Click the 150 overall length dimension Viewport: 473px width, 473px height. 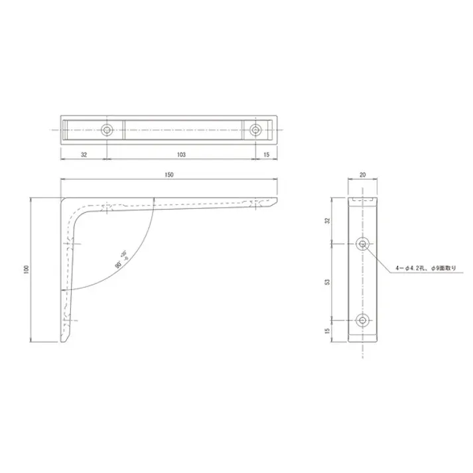[169, 174]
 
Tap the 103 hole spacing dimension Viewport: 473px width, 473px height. [181, 154]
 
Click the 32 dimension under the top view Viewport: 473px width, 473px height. [84, 154]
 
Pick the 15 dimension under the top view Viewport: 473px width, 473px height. [266, 154]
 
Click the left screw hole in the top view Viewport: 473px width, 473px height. [107, 129]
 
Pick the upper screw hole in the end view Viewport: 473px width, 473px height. [362, 244]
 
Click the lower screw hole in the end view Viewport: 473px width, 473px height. [362, 320]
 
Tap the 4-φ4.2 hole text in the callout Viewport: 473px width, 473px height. [410, 267]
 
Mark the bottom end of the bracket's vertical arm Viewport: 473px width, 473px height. [65, 340]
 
